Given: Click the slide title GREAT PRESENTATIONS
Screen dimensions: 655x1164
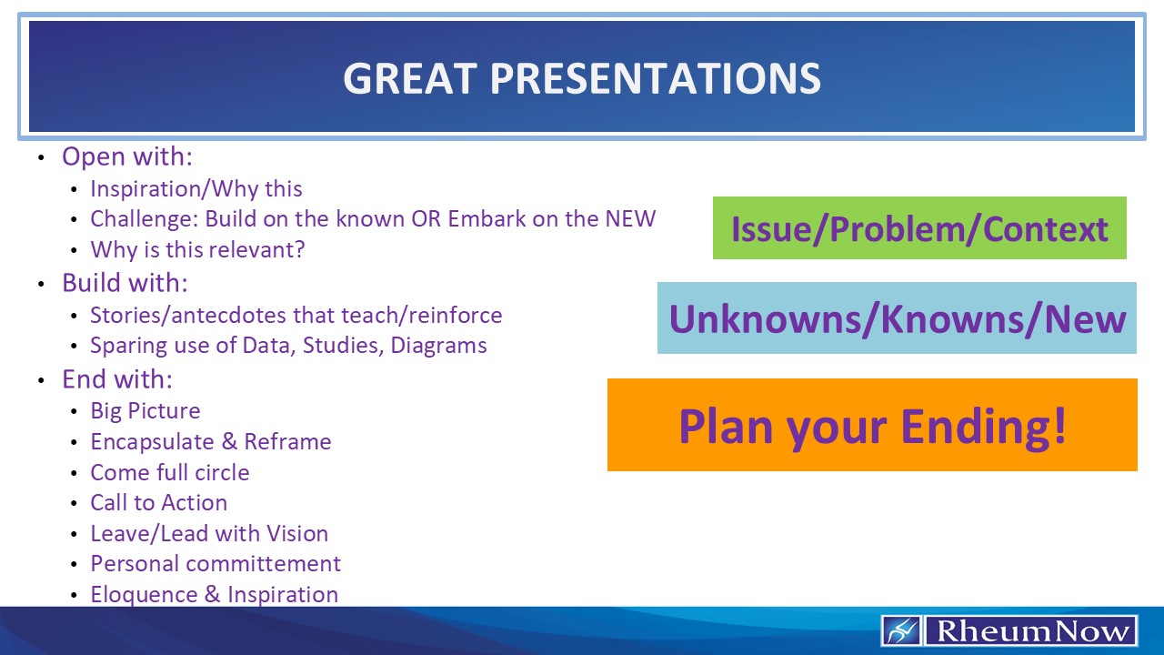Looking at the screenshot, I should tap(582, 78).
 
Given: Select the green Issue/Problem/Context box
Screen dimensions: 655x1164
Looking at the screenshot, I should tap(919, 228).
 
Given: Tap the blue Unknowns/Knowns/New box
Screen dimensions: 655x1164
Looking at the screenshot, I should tap(897, 318).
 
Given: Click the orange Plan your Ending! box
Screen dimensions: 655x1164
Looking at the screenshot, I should tap(872, 425).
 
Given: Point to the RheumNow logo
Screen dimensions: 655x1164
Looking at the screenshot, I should tap(1009, 630).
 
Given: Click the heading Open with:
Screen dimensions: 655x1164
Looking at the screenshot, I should tap(127, 156).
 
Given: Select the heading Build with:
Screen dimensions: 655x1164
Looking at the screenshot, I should tap(125, 283).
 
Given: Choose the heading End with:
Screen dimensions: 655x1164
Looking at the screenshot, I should tap(117, 378).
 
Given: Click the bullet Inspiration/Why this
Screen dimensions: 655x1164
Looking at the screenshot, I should tap(196, 189).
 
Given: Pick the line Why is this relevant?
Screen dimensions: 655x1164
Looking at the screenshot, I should tap(197, 249).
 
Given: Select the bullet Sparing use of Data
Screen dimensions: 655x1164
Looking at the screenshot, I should tap(288, 346).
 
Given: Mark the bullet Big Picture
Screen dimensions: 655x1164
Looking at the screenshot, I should tap(145, 411).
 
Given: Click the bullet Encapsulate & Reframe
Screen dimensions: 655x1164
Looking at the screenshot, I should tap(211, 442).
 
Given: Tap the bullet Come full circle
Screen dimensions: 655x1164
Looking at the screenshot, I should tap(170, 473).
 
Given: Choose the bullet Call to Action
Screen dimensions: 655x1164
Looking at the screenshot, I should tap(159, 503).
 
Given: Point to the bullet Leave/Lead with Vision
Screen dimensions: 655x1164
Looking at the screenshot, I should tap(209, 534).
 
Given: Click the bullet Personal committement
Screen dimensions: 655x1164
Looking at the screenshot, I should tap(216, 564).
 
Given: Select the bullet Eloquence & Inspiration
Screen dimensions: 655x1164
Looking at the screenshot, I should tap(215, 595).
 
